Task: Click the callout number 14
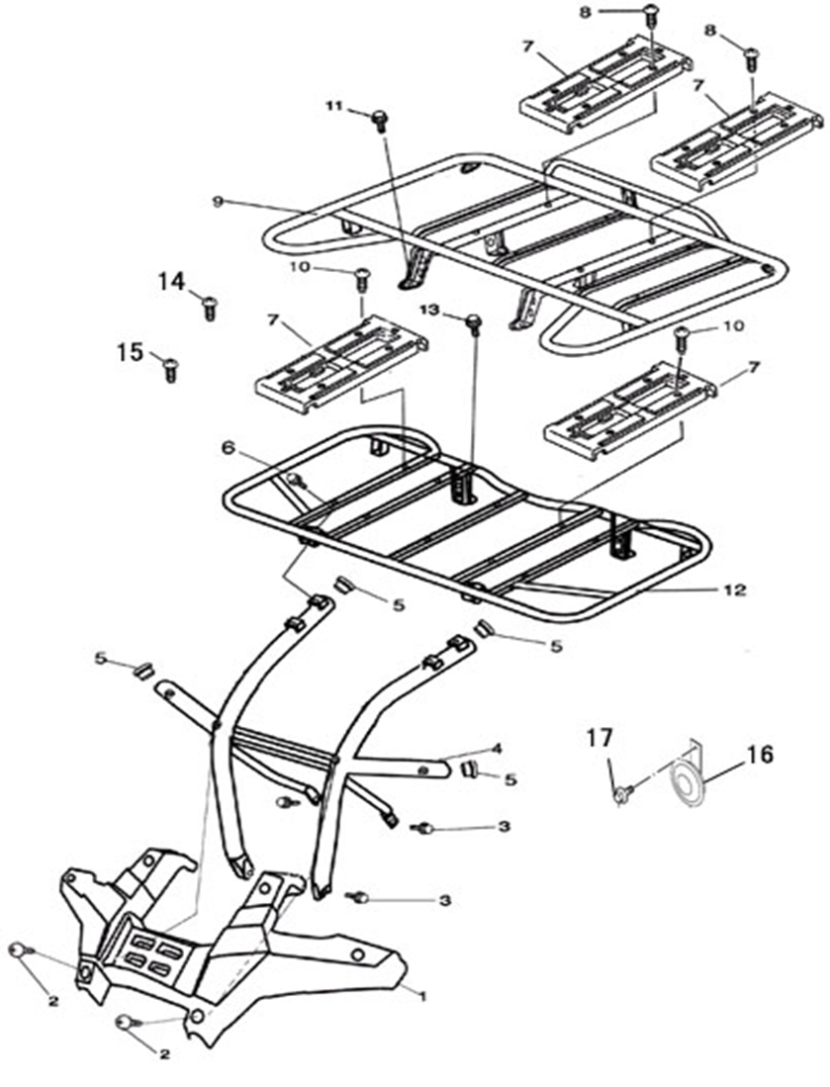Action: tap(172, 282)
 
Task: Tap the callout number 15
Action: tap(131, 352)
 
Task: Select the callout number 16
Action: tap(760, 754)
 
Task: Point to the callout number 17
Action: tap(599, 738)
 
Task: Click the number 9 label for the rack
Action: tap(218, 202)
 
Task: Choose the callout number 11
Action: tap(335, 106)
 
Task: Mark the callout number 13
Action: tap(430, 310)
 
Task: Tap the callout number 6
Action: tap(228, 448)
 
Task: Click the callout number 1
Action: tap(422, 996)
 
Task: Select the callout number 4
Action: tap(496, 749)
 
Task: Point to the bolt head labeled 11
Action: tap(379, 117)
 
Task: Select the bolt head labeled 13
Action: tap(474, 320)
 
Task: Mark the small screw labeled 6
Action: tap(297, 480)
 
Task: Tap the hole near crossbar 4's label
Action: tap(422, 769)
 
